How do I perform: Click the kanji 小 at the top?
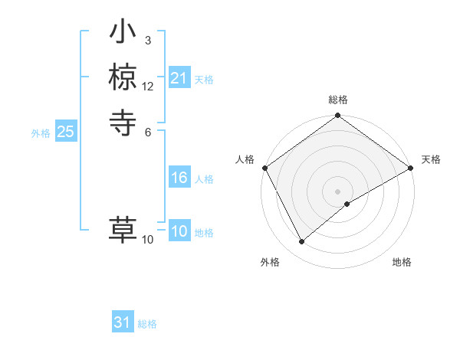click(123, 34)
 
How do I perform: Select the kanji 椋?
click(123, 77)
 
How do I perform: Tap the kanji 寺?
click(123, 121)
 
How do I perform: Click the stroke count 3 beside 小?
click(147, 40)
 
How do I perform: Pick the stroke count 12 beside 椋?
click(148, 86)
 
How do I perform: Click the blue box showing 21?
click(179, 78)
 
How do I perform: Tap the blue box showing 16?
click(179, 178)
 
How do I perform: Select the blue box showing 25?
click(65, 132)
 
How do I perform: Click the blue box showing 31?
click(122, 322)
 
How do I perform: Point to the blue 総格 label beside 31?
click(147, 324)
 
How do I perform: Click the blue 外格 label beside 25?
click(41, 133)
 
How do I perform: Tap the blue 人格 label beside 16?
click(204, 179)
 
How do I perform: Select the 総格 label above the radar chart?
click(338, 100)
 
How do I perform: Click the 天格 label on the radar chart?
click(431, 159)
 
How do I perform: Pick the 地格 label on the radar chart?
click(402, 262)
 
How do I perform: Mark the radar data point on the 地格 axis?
click(347, 204)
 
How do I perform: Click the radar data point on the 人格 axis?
click(264, 168)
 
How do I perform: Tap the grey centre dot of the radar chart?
click(338, 191)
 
